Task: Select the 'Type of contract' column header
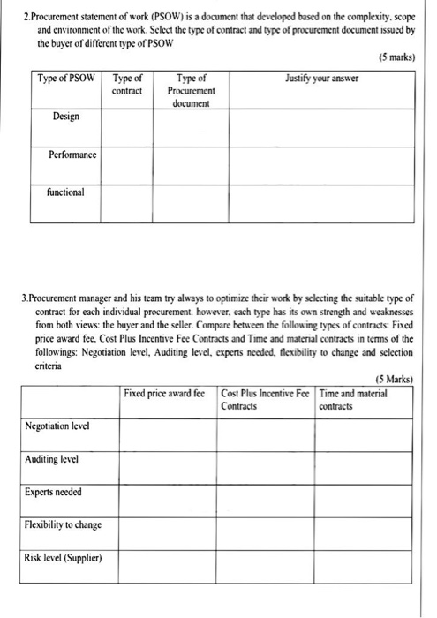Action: (128, 85)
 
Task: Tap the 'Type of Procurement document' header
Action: (192, 91)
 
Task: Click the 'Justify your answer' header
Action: (321, 79)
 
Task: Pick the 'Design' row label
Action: (65, 117)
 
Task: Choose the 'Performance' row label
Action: (72, 154)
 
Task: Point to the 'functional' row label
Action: (67, 192)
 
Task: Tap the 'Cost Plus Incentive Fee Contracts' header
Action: (265, 399)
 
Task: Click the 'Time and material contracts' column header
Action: (353, 399)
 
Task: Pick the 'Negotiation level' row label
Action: (57, 426)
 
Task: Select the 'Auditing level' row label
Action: (51, 459)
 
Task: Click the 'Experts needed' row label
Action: (54, 492)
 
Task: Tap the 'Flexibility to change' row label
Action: (63, 524)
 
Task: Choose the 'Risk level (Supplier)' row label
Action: (63, 557)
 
